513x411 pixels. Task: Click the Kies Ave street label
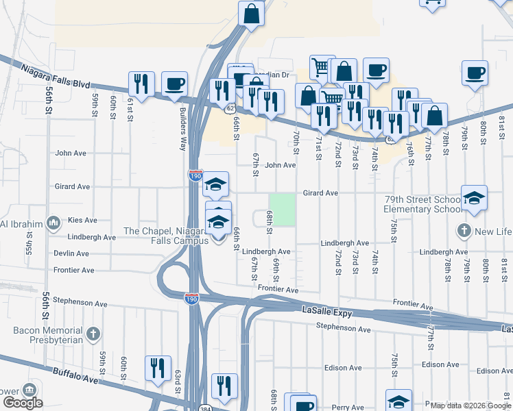82,221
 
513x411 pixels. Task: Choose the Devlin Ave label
73,253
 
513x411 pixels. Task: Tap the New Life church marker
464,231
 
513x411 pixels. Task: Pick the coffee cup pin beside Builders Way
174,84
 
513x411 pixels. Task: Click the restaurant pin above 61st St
141,84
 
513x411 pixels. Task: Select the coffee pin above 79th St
475,72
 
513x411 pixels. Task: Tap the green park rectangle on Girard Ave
282,210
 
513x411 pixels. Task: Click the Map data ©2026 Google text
470,406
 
